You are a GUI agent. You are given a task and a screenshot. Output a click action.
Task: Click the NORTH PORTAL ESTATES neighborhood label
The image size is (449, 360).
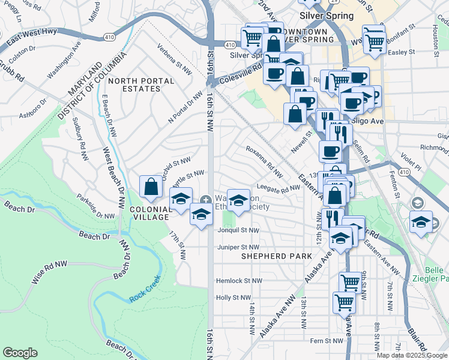pyautogui.click(x=142, y=85)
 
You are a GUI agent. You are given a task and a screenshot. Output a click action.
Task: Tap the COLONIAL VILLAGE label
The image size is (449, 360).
pyautogui.click(x=151, y=209)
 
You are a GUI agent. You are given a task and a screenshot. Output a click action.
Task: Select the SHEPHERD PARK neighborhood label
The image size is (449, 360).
pyautogui.click(x=276, y=256)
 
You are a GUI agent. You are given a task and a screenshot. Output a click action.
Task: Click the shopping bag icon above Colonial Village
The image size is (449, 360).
pyautogui.click(x=151, y=187)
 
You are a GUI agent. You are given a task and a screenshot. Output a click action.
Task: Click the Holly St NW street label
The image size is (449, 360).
pyautogui.click(x=232, y=298)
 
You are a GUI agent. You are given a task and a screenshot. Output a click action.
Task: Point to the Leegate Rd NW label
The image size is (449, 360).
pyautogui.click(x=279, y=188)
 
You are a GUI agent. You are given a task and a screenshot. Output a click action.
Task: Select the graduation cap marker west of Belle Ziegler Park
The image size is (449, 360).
pyautogui.click(x=421, y=221)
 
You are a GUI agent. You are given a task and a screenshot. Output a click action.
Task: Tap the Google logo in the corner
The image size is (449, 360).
pyautogui.click(x=20, y=353)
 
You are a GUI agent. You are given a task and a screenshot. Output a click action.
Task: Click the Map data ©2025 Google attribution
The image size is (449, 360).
pyautogui.click(x=412, y=355)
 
